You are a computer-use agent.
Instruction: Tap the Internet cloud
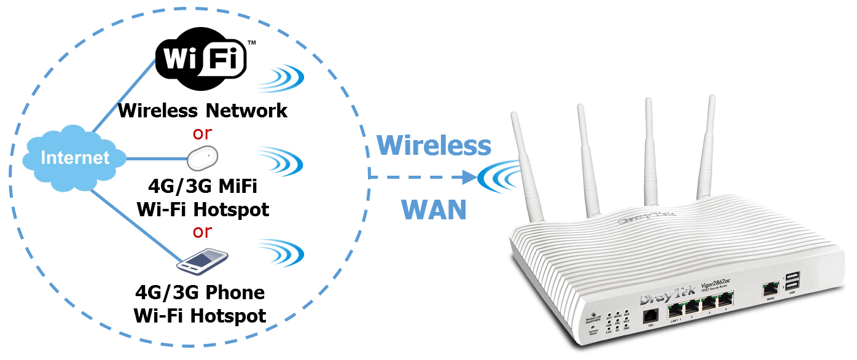coord(74,158)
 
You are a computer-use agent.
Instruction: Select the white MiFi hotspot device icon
coord(203,158)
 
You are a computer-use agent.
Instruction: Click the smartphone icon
coord(201,261)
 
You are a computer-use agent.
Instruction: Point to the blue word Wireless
coord(434,146)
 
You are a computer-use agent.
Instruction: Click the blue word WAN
coord(434,210)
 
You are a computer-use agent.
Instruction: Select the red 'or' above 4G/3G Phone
coord(202,232)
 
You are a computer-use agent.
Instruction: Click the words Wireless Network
coord(203,111)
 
